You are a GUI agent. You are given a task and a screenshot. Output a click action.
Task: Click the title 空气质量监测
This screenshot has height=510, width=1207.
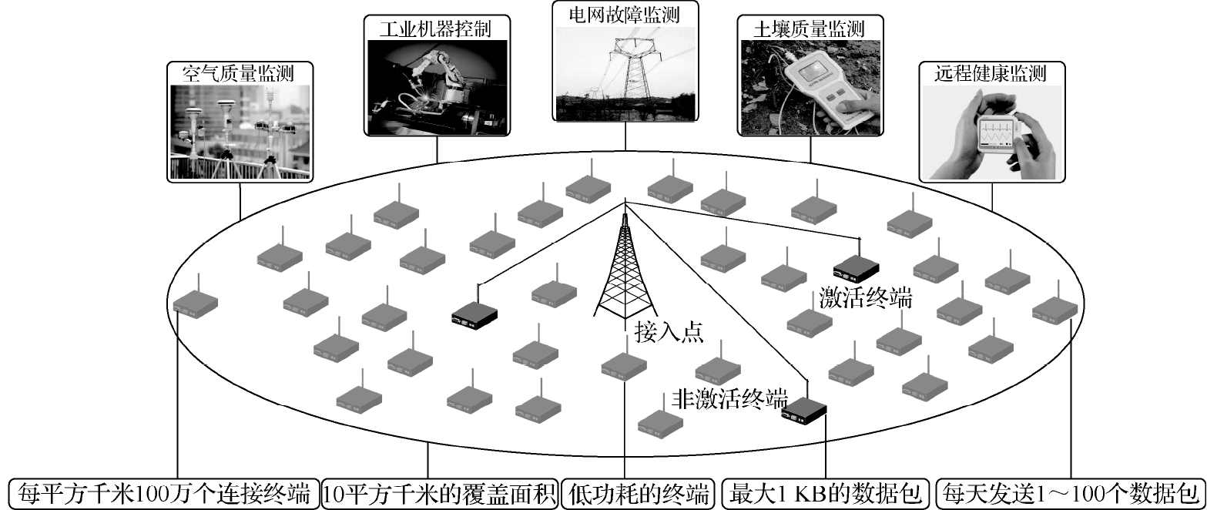click(x=239, y=74)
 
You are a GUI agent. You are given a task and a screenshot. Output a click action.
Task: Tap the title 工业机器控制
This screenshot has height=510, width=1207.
click(x=435, y=29)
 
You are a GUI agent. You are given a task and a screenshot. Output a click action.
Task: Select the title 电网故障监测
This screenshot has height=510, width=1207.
click(x=625, y=15)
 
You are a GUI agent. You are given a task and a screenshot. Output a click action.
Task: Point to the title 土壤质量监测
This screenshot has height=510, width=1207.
click(x=810, y=29)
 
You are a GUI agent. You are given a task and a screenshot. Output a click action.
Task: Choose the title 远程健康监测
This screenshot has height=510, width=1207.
click(x=991, y=73)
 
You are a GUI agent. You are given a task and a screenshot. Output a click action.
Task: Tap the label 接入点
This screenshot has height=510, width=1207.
click(x=669, y=332)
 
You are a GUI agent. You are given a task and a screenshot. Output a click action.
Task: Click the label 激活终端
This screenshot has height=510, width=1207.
click(x=866, y=298)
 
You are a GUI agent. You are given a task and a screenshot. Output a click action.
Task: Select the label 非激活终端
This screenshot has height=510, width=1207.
click(x=729, y=399)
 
